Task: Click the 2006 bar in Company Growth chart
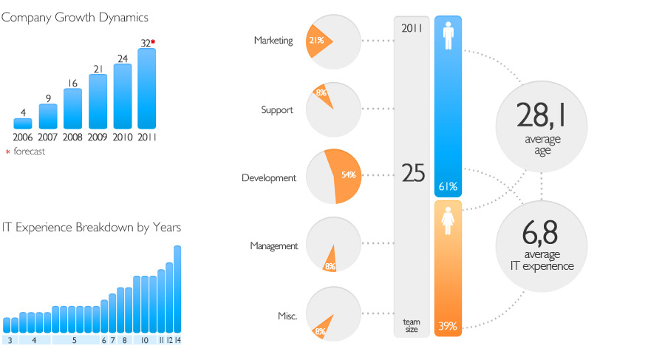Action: point(22,123)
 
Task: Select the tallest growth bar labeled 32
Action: point(147,88)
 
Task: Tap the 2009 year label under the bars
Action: point(98,137)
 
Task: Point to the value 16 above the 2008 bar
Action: point(73,84)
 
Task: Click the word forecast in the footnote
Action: point(30,151)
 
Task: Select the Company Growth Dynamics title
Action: point(75,18)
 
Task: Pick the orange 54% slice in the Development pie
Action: point(344,176)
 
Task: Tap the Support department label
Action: point(277,110)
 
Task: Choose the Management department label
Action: point(274,246)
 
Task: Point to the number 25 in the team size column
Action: point(413,173)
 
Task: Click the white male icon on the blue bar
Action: point(449,35)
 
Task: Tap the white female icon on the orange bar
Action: point(448,221)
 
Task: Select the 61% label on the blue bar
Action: point(448,186)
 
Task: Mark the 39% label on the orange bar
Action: point(448,326)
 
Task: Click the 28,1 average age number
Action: point(541,115)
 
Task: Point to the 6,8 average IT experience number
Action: point(540,233)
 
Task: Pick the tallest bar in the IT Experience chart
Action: point(177,289)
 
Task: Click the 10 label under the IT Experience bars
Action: point(145,341)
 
